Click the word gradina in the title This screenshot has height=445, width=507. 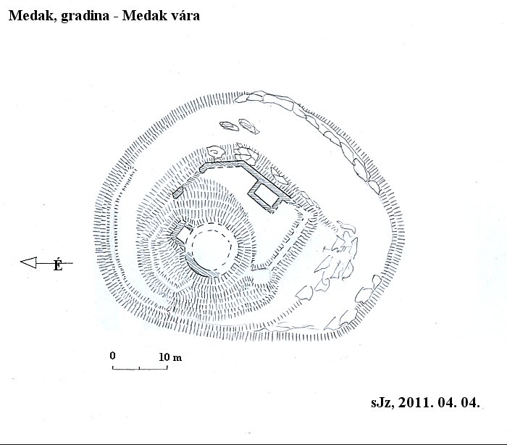pos(85,16)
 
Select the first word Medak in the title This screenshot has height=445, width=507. pos(33,15)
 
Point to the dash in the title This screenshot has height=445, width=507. pos(115,17)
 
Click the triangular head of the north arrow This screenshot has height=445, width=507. pos(29,262)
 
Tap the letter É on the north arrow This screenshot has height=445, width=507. pos(58,264)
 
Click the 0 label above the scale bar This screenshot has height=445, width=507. pos(112,356)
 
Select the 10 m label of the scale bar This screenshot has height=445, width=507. pos(170,357)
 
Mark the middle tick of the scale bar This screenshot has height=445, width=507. pos(139,367)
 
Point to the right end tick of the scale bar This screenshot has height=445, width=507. pos(167,367)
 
